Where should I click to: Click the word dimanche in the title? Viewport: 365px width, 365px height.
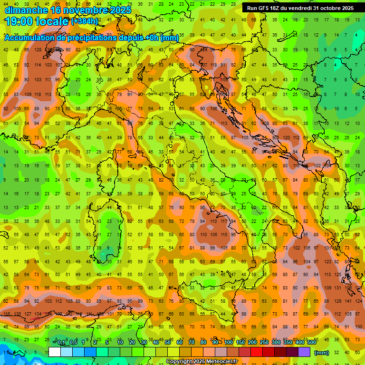pyautogui.click(x=26, y=10)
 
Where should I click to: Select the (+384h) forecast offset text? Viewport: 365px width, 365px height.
pyautogui.click(x=85, y=21)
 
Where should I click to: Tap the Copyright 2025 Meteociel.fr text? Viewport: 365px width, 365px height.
pyautogui.click(x=202, y=362)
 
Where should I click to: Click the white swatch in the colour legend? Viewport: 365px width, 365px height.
pyautogui.click(x=55, y=352)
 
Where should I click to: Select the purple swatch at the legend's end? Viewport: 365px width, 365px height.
pyautogui.click(x=304, y=352)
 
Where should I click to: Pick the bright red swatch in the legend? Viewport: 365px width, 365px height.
pyautogui.click(x=257, y=352)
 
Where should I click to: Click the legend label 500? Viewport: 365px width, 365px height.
pyautogui.click(x=311, y=343)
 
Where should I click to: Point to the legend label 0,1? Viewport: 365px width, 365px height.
pyautogui.click(x=61, y=343)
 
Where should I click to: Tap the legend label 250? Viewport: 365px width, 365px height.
pyautogui.click(x=264, y=343)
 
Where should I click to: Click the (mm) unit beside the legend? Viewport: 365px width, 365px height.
pyautogui.click(x=322, y=353)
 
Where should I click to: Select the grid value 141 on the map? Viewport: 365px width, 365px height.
pyautogui.click(x=349, y=301)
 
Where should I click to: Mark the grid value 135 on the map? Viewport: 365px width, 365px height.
pyautogui.click(x=18, y=314)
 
